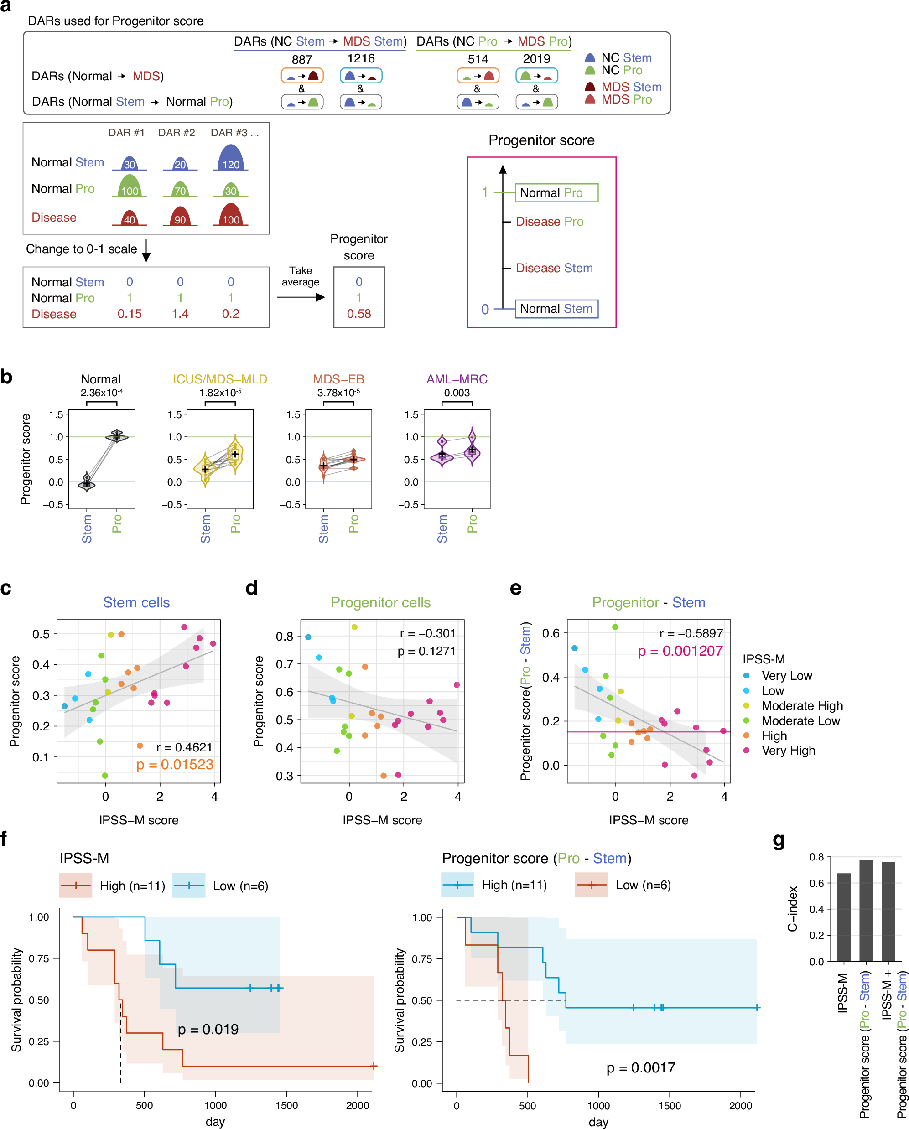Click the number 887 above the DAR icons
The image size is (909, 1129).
302,60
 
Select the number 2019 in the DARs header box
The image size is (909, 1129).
536,59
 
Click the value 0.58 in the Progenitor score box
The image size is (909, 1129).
359,314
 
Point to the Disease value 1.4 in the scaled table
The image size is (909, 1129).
180,314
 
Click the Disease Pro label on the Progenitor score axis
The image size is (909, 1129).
549,222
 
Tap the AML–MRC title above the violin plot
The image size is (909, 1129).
457,379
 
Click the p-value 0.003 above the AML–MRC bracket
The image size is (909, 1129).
457,393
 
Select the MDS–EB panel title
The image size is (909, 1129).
338,379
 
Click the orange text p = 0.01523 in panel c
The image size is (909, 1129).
175,764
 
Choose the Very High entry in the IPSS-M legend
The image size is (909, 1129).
788,751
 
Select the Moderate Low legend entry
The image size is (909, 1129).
800,720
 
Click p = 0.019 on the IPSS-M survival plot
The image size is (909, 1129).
208,1030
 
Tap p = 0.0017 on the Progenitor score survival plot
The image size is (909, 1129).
640,1068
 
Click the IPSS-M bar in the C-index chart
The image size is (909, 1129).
843,917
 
